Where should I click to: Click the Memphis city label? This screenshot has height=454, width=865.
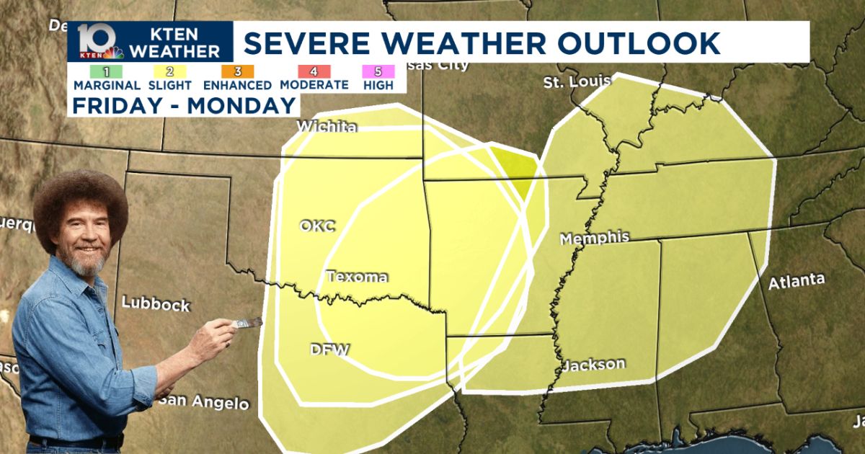(x=594, y=238)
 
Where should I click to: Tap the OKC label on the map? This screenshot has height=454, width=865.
(x=317, y=226)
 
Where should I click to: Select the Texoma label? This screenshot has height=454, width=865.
(x=357, y=277)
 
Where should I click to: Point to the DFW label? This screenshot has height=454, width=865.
(x=329, y=350)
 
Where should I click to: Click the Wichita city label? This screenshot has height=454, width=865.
(x=327, y=128)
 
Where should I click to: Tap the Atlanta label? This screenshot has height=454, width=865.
(x=796, y=282)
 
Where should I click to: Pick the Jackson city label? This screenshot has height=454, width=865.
(x=593, y=364)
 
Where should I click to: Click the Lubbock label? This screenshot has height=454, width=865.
(x=155, y=304)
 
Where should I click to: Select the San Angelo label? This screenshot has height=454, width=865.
(x=204, y=402)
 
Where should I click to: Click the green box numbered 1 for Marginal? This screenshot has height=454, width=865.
(x=107, y=71)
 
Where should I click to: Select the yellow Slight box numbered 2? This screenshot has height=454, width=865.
(x=169, y=71)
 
